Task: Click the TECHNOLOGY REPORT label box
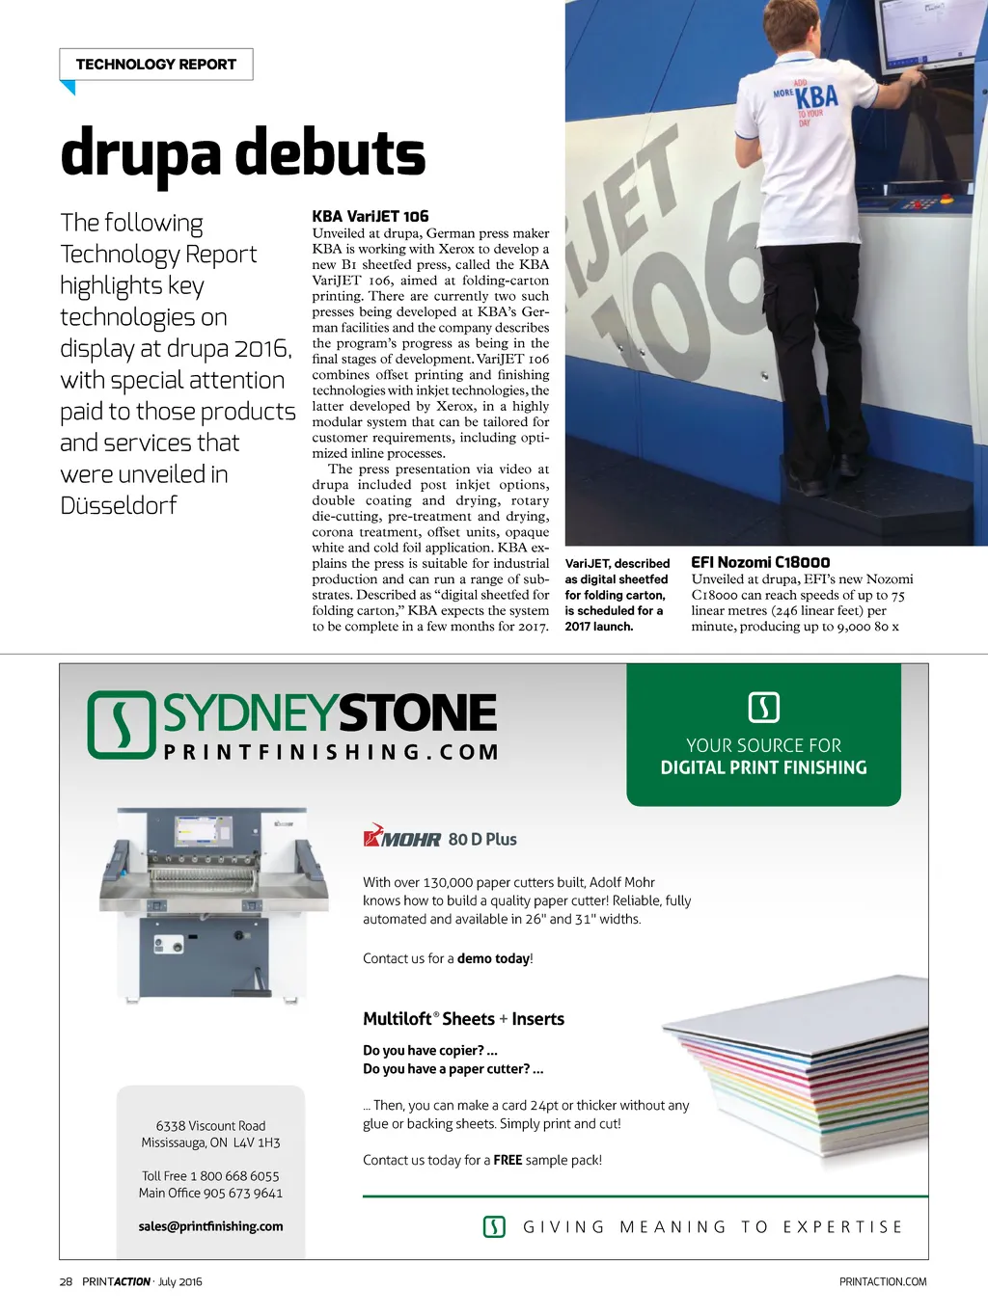[x=155, y=65]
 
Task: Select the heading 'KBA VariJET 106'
[x=370, y=216]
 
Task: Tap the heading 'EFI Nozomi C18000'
[x=759, y=562]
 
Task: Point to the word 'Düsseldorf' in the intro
[x=119, y=505]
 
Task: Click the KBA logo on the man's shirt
[x=815, y=97]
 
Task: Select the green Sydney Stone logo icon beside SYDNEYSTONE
[x=122, y=724]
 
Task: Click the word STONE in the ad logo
[x=417, y=713]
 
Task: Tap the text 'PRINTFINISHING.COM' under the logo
[x=331, y=752]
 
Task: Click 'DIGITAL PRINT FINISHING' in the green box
[x=763, y=767]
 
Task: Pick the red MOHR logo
[x=401, y=837]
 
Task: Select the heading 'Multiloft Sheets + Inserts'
[x=463, y=1019]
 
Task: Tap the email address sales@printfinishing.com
[x=210, y=1226]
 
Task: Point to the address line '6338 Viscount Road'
[x=210, y=1126]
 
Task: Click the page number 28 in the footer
[x=66, y=1281]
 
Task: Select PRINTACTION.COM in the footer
[x=882, y=1281]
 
